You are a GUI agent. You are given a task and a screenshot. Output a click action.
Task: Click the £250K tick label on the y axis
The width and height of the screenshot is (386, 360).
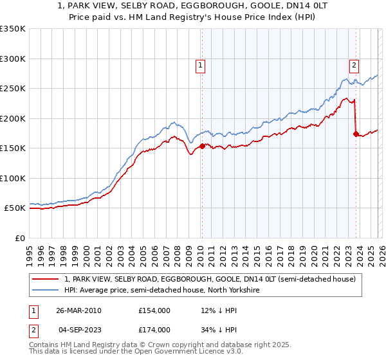click(13, 89)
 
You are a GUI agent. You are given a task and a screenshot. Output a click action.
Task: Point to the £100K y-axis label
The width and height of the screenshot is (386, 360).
click(13, 178)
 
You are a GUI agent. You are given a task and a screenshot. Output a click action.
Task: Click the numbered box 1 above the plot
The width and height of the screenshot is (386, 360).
click(201, 65)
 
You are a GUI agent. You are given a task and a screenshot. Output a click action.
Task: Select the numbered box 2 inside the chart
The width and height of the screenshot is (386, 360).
click(354, 65)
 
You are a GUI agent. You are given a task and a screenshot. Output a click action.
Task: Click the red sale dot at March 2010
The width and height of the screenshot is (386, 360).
click(202, 146)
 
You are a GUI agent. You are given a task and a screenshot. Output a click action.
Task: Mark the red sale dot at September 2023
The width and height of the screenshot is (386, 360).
click(356, 134)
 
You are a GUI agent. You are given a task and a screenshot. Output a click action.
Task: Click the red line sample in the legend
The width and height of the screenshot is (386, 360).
click(46, 279)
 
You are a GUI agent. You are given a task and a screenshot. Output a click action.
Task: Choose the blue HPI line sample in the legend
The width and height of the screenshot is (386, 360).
click(46, 291)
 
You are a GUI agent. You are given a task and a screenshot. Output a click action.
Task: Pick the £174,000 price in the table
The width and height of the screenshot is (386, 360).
click(154, 329)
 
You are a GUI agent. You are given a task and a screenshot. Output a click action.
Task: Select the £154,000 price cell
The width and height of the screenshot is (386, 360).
click(154, 310)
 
